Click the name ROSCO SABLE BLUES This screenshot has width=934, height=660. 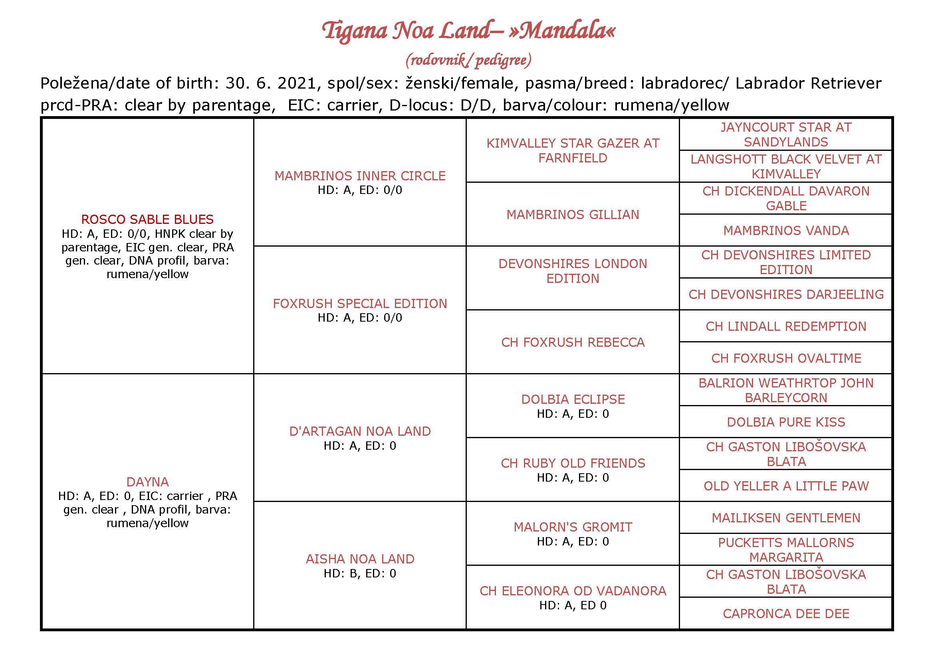[147, 219]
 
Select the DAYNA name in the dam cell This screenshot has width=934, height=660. [147, 482]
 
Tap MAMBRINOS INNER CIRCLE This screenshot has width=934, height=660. [360, 176]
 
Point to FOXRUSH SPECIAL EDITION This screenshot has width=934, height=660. [360, 304]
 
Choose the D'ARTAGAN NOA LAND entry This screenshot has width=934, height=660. [360, 431]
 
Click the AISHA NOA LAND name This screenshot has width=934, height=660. [360, 559]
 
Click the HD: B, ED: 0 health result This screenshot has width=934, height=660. [360, 573]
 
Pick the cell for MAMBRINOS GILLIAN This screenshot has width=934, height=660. [573, 215]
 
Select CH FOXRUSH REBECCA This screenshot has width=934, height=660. [573, 342]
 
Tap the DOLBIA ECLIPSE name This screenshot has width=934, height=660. [573, 399]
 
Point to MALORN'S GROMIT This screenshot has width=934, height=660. [573, 527]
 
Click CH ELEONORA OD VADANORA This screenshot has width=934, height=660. [573, 591]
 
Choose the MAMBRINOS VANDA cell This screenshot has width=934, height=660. [786, 231]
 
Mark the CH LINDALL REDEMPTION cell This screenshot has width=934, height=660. [786, 326]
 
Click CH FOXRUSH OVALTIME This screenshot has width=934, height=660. [786, 358]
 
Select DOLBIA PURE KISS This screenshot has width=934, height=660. [786, 422]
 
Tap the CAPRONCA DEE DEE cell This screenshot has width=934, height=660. [786, 614]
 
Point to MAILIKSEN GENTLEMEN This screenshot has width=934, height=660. [786, 518]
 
